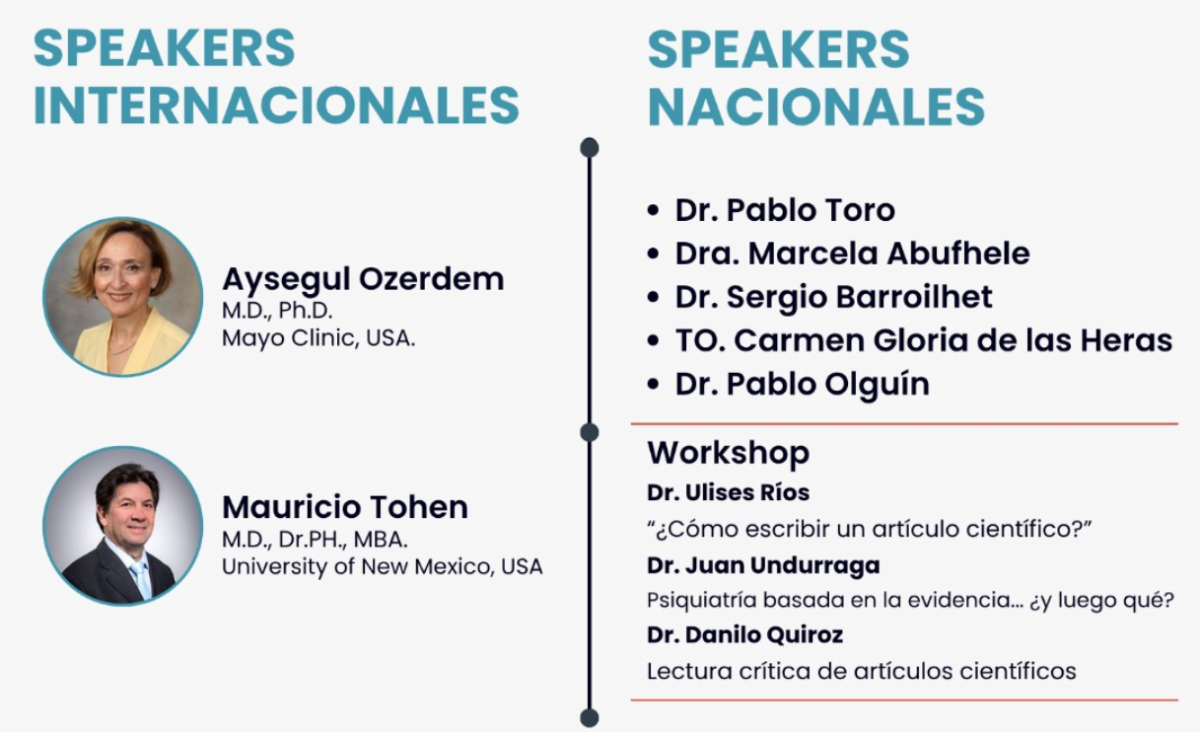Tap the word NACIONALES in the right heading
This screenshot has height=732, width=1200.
[816, 107]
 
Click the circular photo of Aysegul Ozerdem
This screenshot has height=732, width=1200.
[122, 296]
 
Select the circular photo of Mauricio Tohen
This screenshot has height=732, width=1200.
[122, 526]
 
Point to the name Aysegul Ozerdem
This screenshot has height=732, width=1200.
[363, 280]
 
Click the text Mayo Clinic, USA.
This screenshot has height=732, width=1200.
[318, 338]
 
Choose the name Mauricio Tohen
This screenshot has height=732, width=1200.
[345, 507]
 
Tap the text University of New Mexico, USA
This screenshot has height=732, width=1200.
[383, 566]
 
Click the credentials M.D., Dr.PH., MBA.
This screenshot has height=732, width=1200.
[315, 540]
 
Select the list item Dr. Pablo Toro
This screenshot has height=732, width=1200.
[785, 209]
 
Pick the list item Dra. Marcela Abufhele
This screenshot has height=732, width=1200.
[852, 253]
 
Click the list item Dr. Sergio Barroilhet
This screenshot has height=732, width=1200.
[833, 297]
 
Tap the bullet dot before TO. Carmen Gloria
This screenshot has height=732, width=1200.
[653, 340]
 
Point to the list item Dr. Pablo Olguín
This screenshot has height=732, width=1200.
[802, 385]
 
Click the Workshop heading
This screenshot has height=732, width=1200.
[729, 454]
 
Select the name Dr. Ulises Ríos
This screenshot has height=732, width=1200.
[729, 492]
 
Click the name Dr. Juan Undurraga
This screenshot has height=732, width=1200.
[763, 566]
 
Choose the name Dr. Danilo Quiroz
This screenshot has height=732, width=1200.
[745, 635]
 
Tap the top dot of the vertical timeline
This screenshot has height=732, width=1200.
[590, 147]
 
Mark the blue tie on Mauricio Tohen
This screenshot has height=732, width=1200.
[141, 580]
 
